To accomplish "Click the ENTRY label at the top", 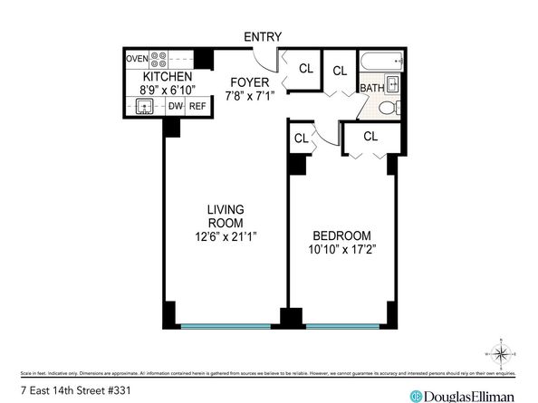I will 263,37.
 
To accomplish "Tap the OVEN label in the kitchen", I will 137,59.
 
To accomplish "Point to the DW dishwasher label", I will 175,106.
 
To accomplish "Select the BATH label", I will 371,88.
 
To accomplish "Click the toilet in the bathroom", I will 387,108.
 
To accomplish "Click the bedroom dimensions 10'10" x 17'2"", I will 339,247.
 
